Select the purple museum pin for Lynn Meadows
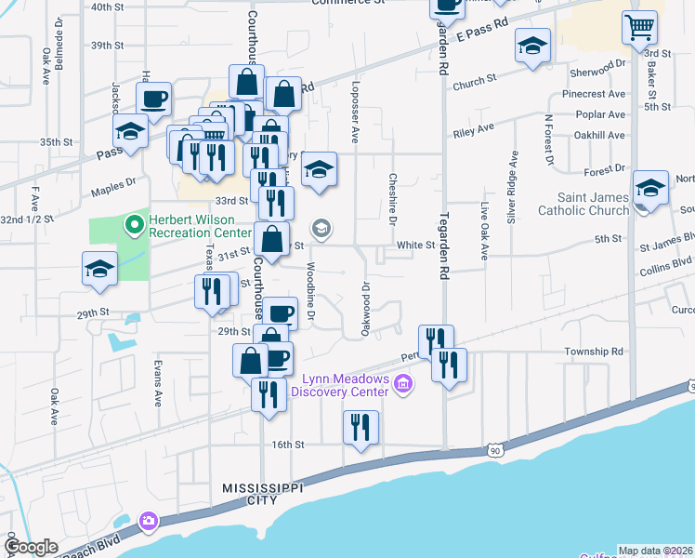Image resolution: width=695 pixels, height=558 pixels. pyautogui.click(x=402, y=383)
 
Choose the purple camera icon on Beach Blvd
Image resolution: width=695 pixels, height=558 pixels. pyautogui.click(x=147, y=522)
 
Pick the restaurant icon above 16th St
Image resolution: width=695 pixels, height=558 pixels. pyautogui.click(x=361, y=427)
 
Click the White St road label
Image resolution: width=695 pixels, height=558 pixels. pyautogui.click(x=416, y=246)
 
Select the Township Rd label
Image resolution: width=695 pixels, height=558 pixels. pyautogui.click(x=593, y=352)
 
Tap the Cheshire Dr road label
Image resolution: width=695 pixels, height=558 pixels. pyautogui.click(x=393, y=199)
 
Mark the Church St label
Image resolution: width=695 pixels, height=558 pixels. pyautogui.click(x=475, y=85)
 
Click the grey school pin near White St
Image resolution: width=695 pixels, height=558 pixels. pyautogui.click(x=321, y=228)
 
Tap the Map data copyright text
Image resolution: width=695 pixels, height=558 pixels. pyautogui.click(x=656, y=551)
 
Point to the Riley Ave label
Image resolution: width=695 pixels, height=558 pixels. pyautogui.click(x=474, y=130)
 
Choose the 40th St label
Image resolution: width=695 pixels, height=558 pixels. pyautogui.click(x=108, y=7)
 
